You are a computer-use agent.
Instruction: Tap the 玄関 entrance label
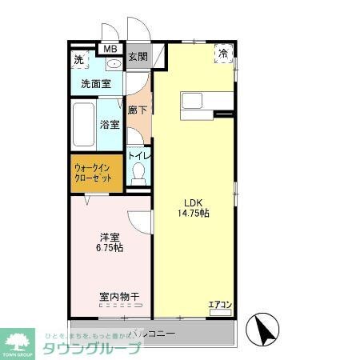pyautogui.click(x=137, y=57)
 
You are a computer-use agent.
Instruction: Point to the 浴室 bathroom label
pyautogui.click(x=110, y=124)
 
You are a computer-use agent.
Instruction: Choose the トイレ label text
pyautogui.click(x=138, y=156)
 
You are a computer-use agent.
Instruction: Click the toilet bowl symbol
pyautogui.click(x=138, y=174)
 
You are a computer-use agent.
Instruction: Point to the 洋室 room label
pyautogui.click(x=110, y=237)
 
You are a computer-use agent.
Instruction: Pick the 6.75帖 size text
pyautogui.click(x=110, y=249)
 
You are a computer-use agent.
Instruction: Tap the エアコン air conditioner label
pyautogui.click(x=220, y=305)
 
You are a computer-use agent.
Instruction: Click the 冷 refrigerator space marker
pyautogui.click(x=223, y=52)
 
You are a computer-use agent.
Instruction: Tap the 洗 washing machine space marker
pyautogui.click(x=78, y=60)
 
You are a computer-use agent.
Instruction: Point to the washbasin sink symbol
pyautogui.click(x=113, y=63)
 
